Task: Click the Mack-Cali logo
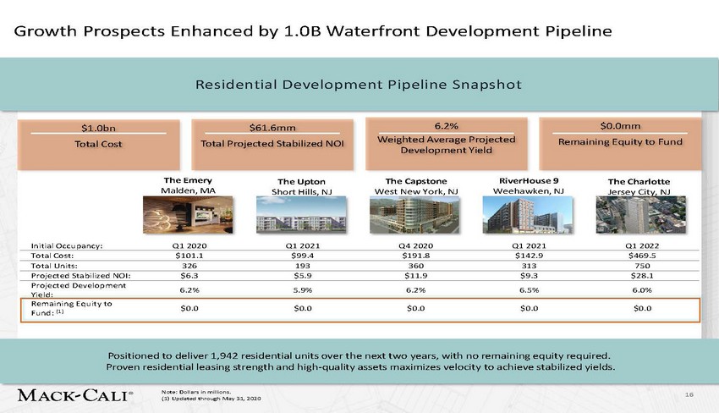click(75, 395)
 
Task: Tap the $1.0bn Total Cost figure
click(97, 128)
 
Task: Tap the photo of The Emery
click(188, 215)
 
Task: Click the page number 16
click(689, 393)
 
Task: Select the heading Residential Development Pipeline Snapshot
click(359, 85)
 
